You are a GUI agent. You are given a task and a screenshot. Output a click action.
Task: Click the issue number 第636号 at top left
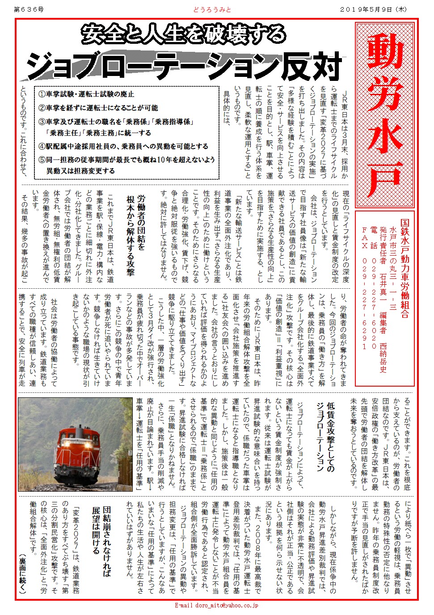click(x=29, y=9)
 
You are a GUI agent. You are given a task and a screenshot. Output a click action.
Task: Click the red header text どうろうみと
click(x=212, y=9)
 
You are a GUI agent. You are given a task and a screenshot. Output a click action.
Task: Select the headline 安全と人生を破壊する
click(x=183, y=34)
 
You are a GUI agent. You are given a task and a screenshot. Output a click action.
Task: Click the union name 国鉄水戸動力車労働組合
click(x=405, y=268)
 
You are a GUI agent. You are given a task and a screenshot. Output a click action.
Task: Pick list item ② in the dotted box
click(x=98, y=108)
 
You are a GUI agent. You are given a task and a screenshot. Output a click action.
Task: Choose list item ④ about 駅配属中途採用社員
click(x=123, y=146)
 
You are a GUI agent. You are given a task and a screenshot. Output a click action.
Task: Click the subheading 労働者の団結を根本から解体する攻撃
click(x=135, y=235)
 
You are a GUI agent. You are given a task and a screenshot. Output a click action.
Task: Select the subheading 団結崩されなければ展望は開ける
click(x=101, y=541)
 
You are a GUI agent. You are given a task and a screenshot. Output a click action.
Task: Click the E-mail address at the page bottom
click(x=216, y=606)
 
